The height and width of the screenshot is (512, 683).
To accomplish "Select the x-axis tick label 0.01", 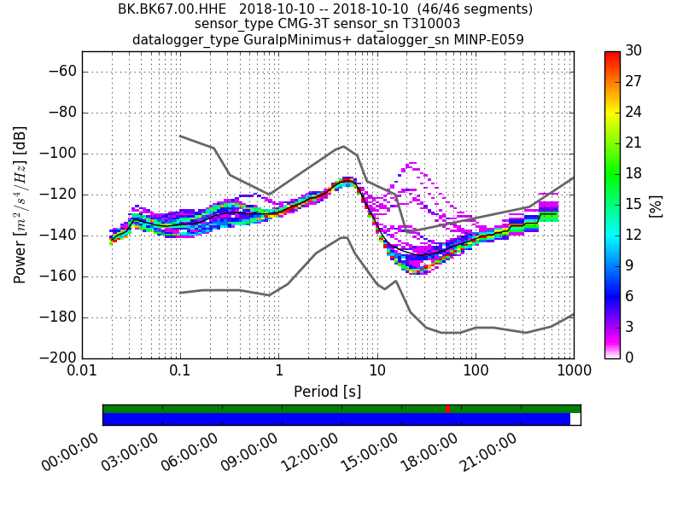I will coord(82,372).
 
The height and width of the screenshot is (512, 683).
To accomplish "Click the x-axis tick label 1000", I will coord(573,372).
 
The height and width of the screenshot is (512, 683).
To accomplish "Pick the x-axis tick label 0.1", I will coord(180,372).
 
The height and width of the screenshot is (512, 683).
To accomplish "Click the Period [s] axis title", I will coord(327,392).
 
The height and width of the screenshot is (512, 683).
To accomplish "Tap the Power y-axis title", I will coord(20,205).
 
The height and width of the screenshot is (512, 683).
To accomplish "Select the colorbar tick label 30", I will coord(633,51).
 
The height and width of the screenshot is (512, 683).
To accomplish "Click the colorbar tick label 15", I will coord(633,205).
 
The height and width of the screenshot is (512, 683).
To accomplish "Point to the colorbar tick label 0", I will coord(630,358).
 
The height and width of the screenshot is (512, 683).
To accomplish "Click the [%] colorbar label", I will coord(656,205).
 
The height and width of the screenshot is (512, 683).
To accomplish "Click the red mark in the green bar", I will coord(448,409).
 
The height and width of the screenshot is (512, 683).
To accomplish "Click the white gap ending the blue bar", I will coord(575,419).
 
